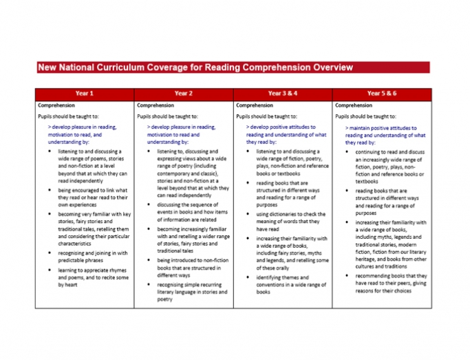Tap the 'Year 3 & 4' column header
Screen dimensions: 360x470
[x=282, y=93]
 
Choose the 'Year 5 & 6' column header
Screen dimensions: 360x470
[x=381, y=93]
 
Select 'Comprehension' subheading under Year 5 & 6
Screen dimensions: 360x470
[x=353, y=105]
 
